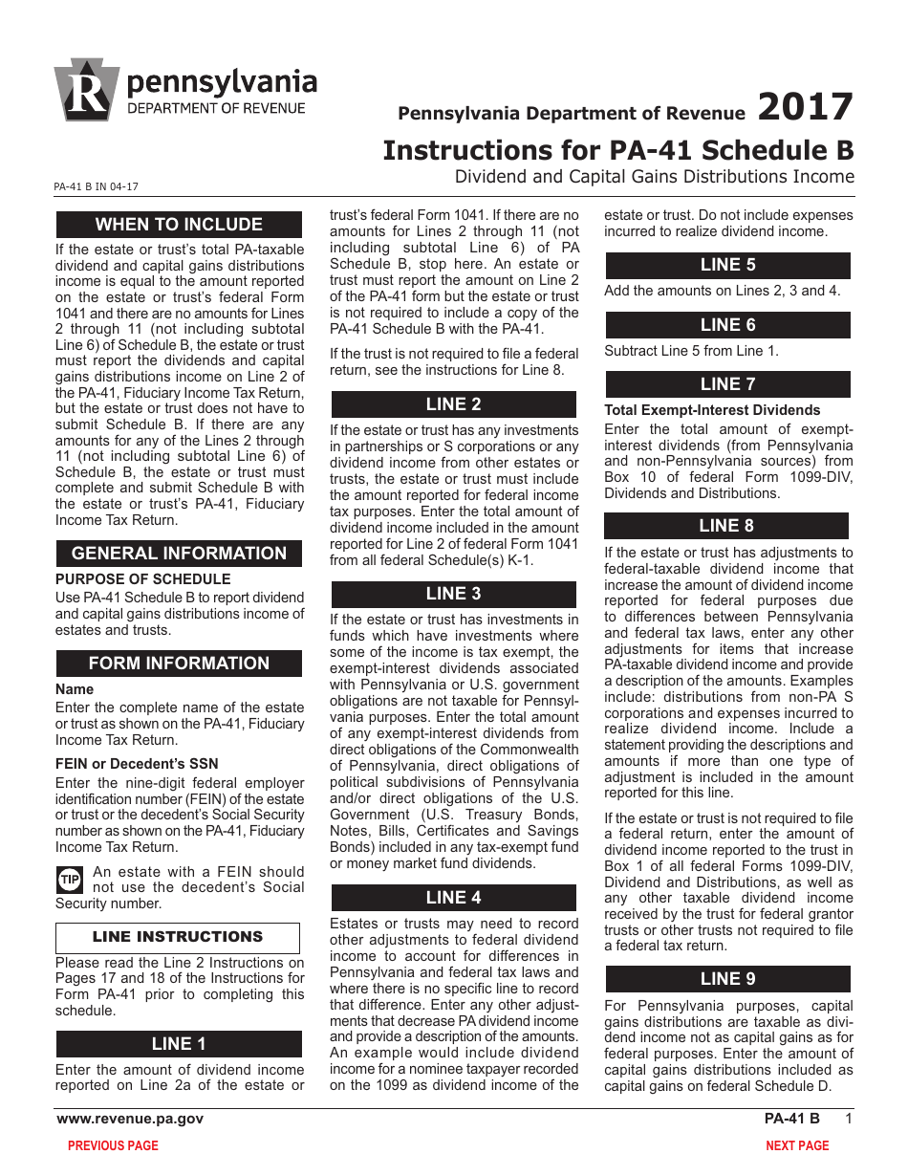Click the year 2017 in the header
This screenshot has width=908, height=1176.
(x=805, y=107)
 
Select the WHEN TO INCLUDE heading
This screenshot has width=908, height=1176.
(x=179, y=225)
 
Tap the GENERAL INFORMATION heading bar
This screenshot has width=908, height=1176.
(x=179, y=554)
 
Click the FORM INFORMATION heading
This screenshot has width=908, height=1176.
(x=179, y=664)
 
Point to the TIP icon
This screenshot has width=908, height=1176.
(x=70, y=879)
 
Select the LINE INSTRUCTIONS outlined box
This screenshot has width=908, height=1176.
(x=178, y=937)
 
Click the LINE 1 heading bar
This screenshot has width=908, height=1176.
(x=179, y=1044)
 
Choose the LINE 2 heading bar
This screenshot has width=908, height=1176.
(x=453, y=404)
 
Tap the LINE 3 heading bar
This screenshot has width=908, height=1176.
(x=453, y=594)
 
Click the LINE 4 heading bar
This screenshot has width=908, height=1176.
(x=453, y=898)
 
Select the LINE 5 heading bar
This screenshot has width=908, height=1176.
(x=727, y=266)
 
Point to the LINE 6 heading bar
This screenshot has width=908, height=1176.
(x=727, y=325)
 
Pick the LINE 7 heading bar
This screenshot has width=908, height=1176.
(x=727, y=384)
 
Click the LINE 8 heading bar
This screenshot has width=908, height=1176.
(x=726, y=526)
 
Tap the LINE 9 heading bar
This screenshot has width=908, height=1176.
(x=727, y=979)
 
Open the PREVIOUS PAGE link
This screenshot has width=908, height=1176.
(x=113, y=1145)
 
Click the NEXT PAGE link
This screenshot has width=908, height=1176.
(x=797, y=1145)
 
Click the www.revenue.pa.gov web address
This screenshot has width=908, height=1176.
(x=130, y=1119)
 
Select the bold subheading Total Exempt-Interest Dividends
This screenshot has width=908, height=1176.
(x=712, y=410)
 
